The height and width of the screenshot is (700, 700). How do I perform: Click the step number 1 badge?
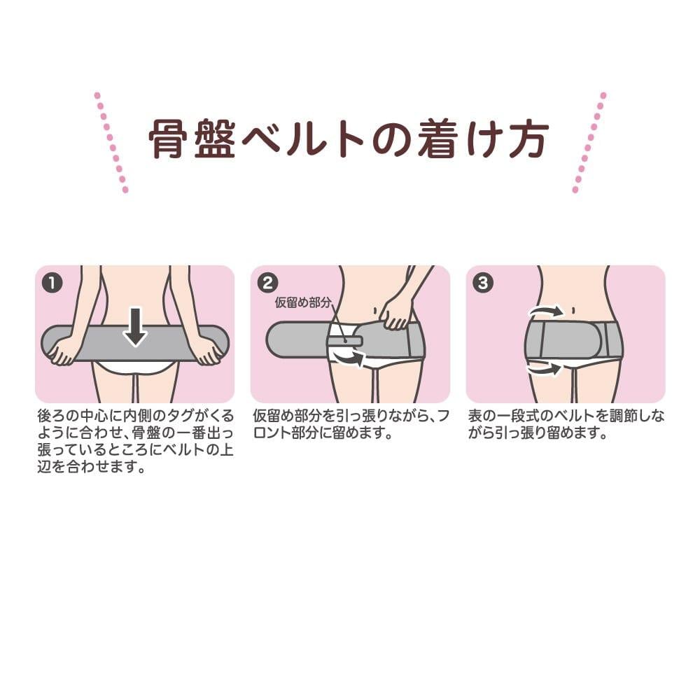coord(52,283)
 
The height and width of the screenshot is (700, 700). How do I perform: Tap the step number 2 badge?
coord(267,283)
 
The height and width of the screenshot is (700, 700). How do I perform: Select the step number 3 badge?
coord(482,283)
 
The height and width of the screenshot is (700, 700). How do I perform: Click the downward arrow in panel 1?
coord(135,327)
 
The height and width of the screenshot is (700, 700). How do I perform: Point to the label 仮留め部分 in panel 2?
coord(303,302)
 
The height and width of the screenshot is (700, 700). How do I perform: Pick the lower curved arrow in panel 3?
coord(545,369)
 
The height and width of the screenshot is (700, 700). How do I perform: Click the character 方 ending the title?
coord(528,139)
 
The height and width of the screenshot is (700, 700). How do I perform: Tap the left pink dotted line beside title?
coord(111,142)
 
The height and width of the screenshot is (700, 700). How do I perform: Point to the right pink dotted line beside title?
coord(589,142)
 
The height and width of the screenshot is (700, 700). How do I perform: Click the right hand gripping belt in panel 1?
coord(209,351)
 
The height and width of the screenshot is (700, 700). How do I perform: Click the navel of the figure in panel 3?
coord(573,311)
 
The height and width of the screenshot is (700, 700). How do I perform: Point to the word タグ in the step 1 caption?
coord(180,416)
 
